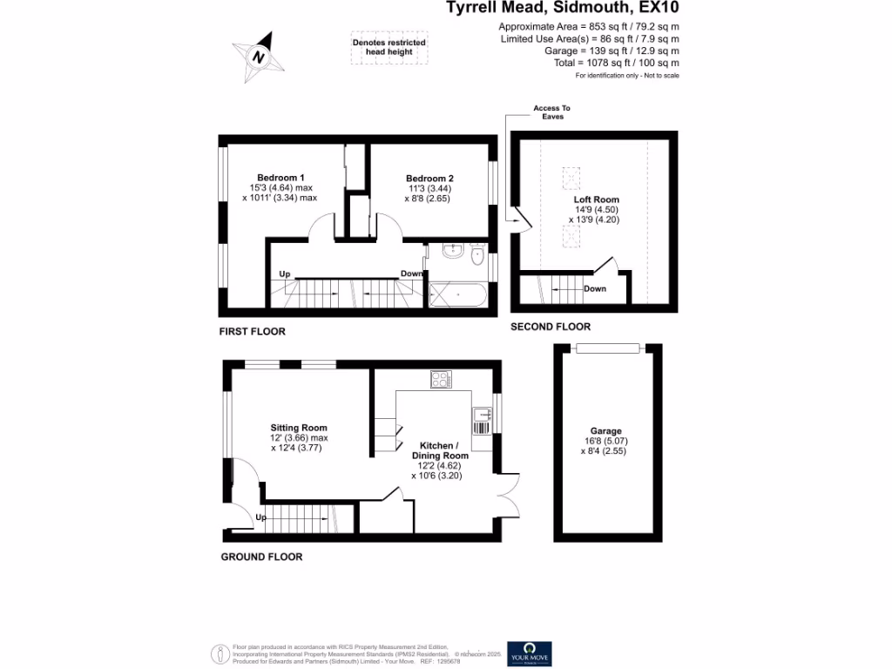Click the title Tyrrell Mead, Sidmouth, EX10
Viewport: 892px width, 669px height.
pos(563,9)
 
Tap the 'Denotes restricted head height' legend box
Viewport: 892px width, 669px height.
pos(389,48)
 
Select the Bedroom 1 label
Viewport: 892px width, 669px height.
pos(280,178)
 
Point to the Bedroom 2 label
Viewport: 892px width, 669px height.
pos(429,179)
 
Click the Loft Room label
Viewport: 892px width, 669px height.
pos(596,199)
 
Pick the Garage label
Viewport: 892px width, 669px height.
pos(606,430)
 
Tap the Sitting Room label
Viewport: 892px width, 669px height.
pos(299,428)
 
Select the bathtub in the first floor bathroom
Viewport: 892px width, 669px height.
pos(456,295)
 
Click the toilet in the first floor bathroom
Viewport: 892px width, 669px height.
pos(476,256)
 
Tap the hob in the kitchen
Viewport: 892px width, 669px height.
pos(441,380)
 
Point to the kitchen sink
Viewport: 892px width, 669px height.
pos(482,420)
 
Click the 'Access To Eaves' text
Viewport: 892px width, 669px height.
pos(551,112)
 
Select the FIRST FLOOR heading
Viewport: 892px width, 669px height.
pos(253,332)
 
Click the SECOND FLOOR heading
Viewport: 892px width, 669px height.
pos(551,327)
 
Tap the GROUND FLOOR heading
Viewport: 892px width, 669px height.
pos(261,557)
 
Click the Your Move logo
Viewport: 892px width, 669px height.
pos(530,653)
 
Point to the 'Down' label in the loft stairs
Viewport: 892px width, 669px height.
pos(595,289)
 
